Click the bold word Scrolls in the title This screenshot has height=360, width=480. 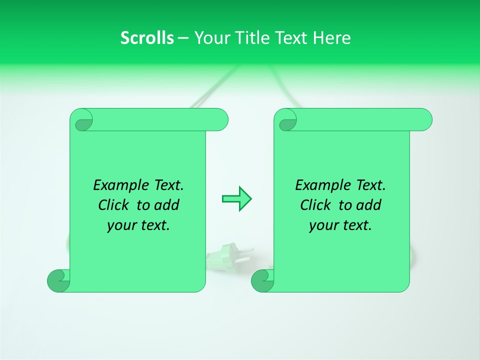(x=147, y=38)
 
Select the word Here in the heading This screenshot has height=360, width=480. (x=331, y=38)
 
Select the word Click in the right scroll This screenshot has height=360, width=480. (x=315, y=205)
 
